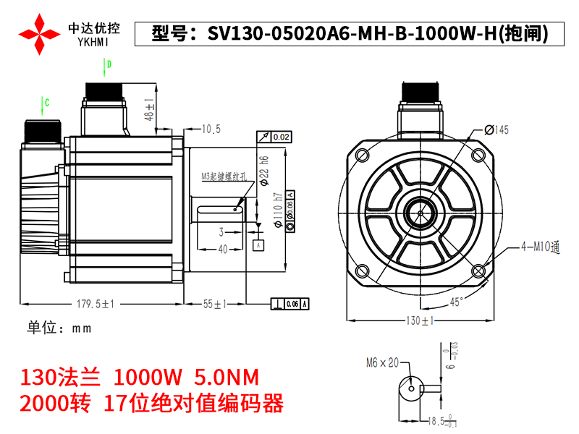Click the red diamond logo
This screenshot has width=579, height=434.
(x=39, y=33)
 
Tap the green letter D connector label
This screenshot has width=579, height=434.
(x=109, y=65)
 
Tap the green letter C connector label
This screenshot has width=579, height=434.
(x=47, y=103)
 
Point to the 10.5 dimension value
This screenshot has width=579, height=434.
(x=211, y=129)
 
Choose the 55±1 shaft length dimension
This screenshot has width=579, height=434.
(x=215, y=304)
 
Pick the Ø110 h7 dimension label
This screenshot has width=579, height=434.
(x=277, y=210)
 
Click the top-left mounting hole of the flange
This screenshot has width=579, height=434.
(x=360, y=155)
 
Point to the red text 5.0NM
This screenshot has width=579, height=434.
(x=227, y=378)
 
